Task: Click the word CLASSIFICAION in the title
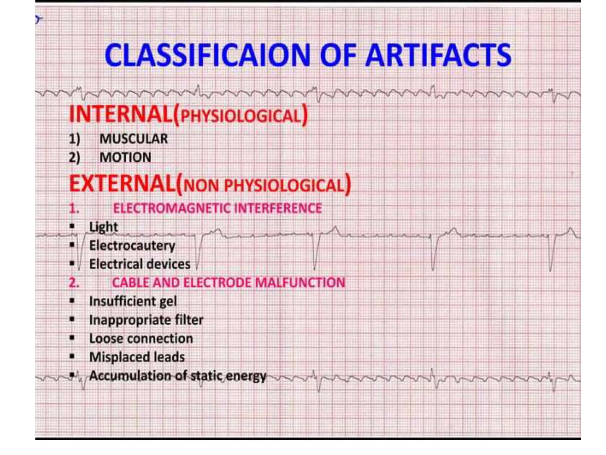pyautogui.click(x=207, y=55)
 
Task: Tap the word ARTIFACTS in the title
pyautogui.click(x=438, y=55)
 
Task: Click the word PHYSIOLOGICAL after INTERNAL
pyautogui.click(x=240, y=116)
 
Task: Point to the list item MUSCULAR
pyautogui.click(x=133, y=139)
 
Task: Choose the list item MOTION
pyautogui.click(x=125, y=157)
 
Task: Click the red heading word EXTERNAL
pyautogui.click(x=122, y=184)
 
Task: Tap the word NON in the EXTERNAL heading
pyautogui.click(x=201, y=186)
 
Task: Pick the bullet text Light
pyautogui.click(x=103, y=227)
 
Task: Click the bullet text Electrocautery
pyautogui.click(x=132, y=246)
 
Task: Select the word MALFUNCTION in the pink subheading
pyautogui.click(x=300, y=282)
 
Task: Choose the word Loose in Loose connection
pyautogui.click(x=106, y=339)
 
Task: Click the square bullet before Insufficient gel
pyautogui.click(x=72, y=301)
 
